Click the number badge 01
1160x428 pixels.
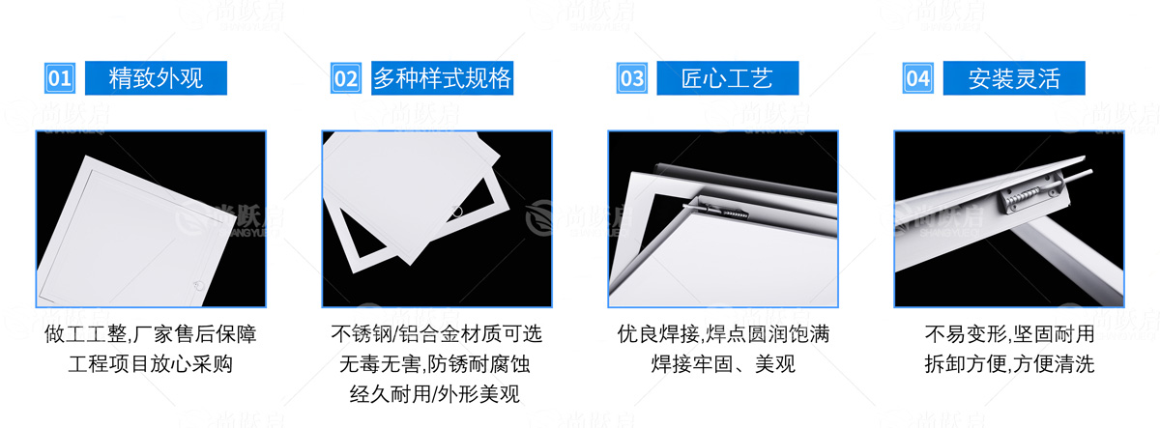click(x=60, y=78)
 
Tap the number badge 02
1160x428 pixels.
click(x=346, y=78)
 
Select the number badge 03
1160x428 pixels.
click(x=632, y=78)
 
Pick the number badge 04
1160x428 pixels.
click(x=918, y=78)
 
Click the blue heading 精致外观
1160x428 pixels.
click(x=156, y=78)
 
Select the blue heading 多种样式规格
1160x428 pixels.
click(x=443, y=78)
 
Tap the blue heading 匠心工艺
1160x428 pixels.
click(x=728, y=78)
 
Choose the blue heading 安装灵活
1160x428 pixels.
click(x=1014, y=78)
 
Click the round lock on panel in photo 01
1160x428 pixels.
click(x=198, y=285)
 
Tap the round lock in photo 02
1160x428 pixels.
click(x=457, y=212)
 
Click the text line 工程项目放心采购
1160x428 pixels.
click(x=151, y=364)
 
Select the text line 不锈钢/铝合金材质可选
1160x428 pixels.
click(x=437, y=334)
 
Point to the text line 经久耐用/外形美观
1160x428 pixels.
click(x=434, y=394)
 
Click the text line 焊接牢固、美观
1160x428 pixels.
click(x=723, y=364)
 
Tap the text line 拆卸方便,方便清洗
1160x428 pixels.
click(x=1010, y=364)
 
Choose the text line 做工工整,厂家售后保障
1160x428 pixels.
click(x=151, y=334)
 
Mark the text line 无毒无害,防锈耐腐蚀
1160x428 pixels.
click(x=435, y=364)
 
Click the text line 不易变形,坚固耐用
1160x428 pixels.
click(x=1010, y=334)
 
